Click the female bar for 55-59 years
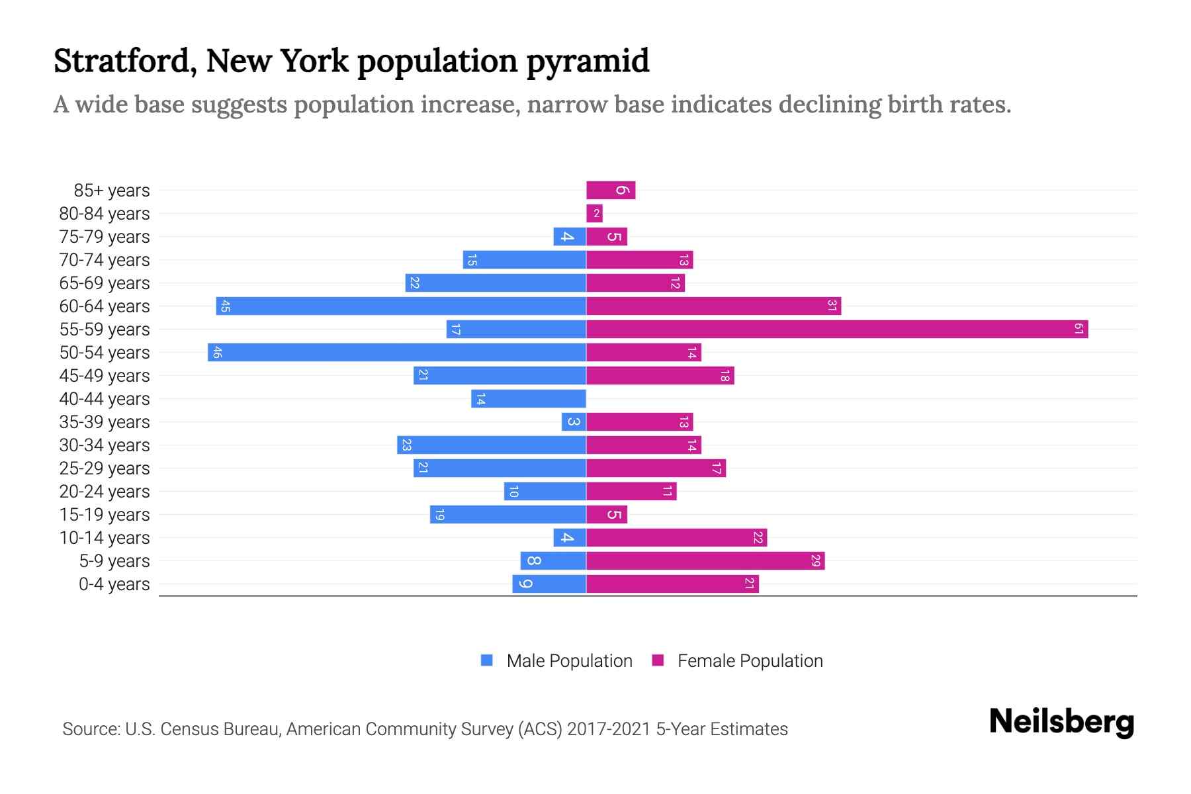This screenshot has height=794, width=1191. point(837,329)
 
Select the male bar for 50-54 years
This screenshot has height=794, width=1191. point(397,352)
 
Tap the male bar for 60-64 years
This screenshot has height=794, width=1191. point(401,306)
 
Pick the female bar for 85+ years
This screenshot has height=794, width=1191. point(611,190)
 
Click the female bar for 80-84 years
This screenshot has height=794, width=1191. point(594,213)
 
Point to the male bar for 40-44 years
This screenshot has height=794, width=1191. point(529,398)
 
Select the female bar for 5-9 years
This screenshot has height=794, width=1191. point(705,560)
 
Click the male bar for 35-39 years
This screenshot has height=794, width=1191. point(574,421)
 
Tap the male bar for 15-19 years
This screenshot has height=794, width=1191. point(508,514)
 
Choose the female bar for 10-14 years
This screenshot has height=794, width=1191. point(676,537)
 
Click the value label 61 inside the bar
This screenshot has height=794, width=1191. point(1079,329)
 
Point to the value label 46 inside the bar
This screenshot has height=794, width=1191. point(217,352)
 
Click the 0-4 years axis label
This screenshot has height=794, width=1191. point(114,584)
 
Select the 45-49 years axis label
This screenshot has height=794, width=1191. point(105,376)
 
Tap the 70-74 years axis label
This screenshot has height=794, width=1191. point(105,260)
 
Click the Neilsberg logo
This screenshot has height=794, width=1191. point(1061,722)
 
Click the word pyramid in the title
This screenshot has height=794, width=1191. point(588,62)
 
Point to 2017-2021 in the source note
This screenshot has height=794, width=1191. point(609,729)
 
